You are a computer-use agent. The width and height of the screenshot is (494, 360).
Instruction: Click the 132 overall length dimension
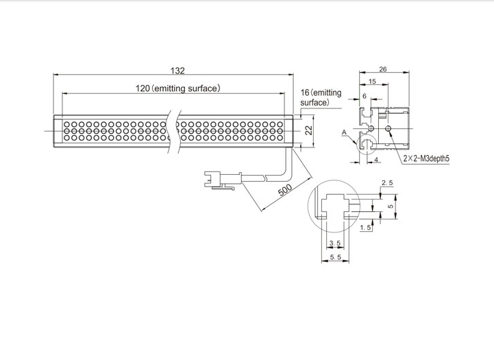point(177,71)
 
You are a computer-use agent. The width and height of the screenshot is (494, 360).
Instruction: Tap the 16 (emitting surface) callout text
point(321,97)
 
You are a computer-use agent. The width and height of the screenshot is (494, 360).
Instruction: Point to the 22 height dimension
point(309,129)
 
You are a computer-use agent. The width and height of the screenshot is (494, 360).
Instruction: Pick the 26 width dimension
point(382,69)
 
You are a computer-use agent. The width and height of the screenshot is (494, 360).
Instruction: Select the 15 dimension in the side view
point(371,82)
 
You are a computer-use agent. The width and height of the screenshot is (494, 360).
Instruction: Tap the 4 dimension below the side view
point(377,160)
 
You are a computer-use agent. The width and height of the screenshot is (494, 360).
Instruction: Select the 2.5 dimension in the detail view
point(386,184)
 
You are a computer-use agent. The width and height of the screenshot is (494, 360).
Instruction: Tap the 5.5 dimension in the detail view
point(336,257)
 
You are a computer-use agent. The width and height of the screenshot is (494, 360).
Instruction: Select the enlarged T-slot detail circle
point(334,204)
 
